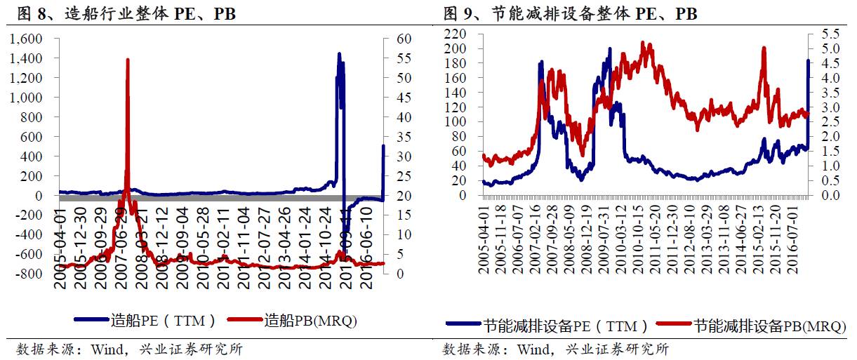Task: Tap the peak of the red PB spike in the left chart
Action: point(127,60)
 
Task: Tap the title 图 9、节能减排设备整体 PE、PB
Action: point(570,13)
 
